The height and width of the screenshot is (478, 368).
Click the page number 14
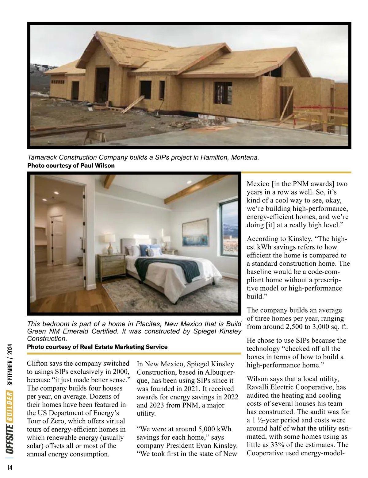coord(10,468)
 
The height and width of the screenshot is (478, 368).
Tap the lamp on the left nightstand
coord(110,242)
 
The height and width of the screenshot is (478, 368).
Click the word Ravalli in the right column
coord(257,387)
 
